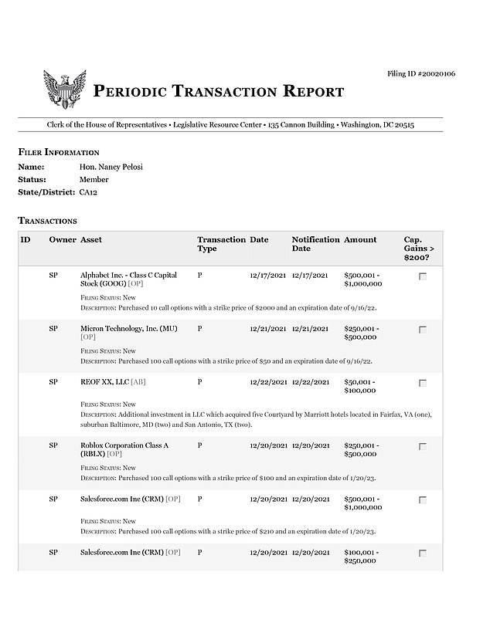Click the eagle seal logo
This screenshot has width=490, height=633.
click(x=64, y=90)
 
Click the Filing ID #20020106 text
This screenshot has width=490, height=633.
click(x=420, y=73)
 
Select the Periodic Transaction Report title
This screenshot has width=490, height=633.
click(x=219, y=92)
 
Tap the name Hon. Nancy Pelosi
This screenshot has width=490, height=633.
click(x=111, y=167)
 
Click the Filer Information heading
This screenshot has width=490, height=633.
click(x=59, y=152)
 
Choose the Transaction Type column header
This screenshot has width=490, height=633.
click(x=221, y=244)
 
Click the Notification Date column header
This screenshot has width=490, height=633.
click(x=315, y=244)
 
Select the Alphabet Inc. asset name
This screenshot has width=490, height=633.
click(x=128, y=279)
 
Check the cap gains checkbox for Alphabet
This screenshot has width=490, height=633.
click(x=422, y=276)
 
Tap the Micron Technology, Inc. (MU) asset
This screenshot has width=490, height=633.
click(x=128, y=329)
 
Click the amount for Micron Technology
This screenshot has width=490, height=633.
click(x=361, y=333)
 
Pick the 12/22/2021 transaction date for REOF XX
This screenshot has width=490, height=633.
click(x=268, y=382)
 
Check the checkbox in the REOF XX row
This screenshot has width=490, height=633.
click(x=422, y=383)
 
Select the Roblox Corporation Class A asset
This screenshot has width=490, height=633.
click(x=124, y=450)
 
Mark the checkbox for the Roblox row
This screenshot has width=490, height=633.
click(x=422, y=446)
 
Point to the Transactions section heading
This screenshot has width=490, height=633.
click(x=47, y=221)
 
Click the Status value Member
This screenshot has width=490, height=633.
click(x=94, y=179)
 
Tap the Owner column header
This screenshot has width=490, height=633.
click(x=62, y=239)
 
